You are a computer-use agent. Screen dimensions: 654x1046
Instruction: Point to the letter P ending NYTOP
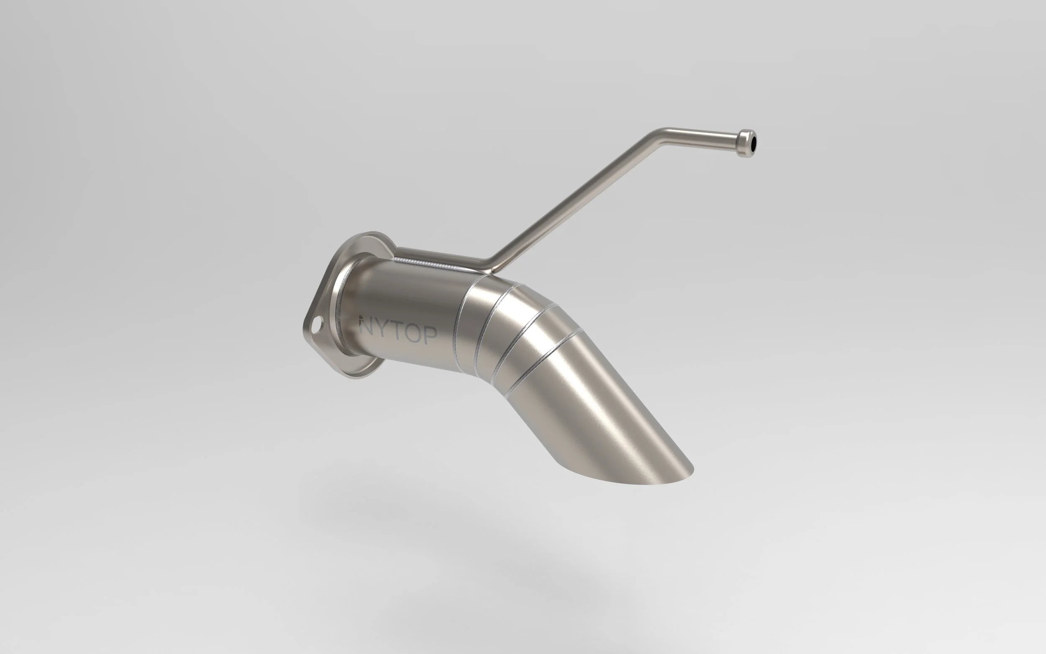(430, 335)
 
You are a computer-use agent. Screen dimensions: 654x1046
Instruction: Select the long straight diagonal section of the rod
(575, 199)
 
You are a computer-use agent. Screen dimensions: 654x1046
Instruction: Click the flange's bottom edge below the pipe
(359, 375)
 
